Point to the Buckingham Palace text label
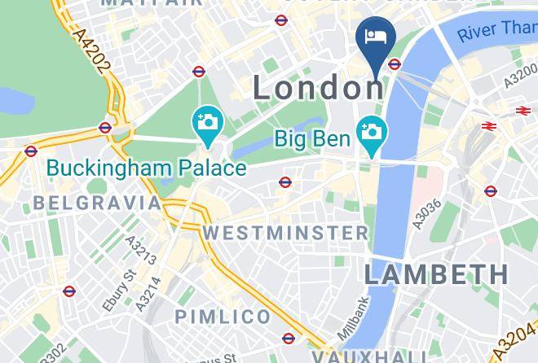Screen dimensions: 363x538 (147, 168)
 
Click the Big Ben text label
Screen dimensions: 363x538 (312, 138)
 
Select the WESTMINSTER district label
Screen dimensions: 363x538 (285, 233)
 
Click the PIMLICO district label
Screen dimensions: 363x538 (222, 316)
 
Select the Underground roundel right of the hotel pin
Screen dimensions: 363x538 (395, 63)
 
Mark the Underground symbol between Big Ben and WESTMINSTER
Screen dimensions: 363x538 (284, 182)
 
